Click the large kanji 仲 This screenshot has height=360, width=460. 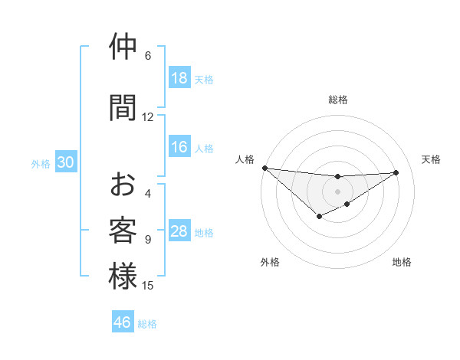(123, 47)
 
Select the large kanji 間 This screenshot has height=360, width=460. (123, 107)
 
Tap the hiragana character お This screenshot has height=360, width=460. (123, 185)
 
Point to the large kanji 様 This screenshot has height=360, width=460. (123, 277)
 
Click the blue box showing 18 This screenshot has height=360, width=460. (179, 78)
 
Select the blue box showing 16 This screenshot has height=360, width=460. (179, 147)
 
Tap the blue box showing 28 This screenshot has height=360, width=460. (179, 232)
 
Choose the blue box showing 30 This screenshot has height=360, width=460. (66, 162)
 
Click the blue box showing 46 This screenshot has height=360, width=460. (123, 322)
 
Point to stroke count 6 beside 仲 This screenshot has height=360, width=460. (148, 55)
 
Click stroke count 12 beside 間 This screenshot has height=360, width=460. (148, 116)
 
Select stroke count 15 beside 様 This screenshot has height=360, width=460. (148, 286)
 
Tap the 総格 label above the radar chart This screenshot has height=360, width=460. (337, 100)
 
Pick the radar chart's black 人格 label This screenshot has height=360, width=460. (244, 159)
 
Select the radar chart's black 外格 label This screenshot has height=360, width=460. (270, 262)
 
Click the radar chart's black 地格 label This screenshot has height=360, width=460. (402, 262)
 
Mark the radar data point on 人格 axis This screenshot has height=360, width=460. (264, 168)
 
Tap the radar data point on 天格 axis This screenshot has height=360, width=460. (396, 172)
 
